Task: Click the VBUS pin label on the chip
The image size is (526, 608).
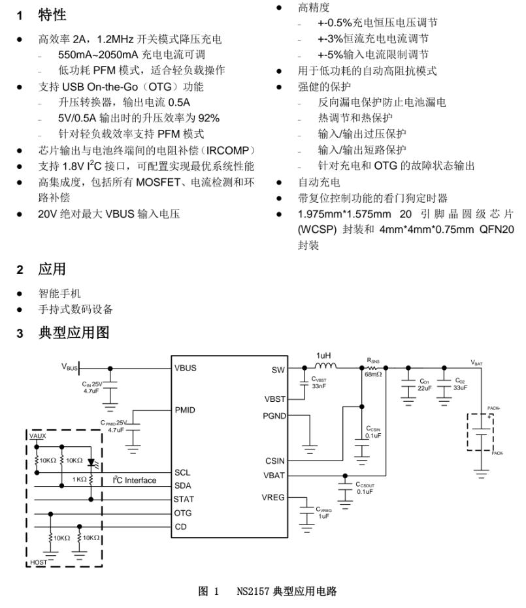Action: pyautogui.click(x=186, y=367)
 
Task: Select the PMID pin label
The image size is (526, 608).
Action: pyautogui.click(x=185, y=410)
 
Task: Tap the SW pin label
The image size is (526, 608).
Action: pyautogui.click(x=278, y=370)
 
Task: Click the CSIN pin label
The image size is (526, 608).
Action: pyautogui.click(x=275, y=461)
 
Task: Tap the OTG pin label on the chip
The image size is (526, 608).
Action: pyautogui.click(x=184, y=513)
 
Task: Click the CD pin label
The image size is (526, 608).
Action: pyautogui.click(x=181, y=526)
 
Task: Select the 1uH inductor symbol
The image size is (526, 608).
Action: pyautogui.click(x=325, y=366)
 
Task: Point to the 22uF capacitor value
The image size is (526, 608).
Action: pyautogui.click(x=424, y=388)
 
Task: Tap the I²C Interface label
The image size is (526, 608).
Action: pyautogui.click(x=135, y=480)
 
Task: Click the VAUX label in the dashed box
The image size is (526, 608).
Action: pyautogui.click(x=37, y=434)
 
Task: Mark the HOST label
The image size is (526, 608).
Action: pyautogui.click(x=39, y=562)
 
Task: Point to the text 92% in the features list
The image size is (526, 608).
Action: pyautogui.click(x=208, y=118)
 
